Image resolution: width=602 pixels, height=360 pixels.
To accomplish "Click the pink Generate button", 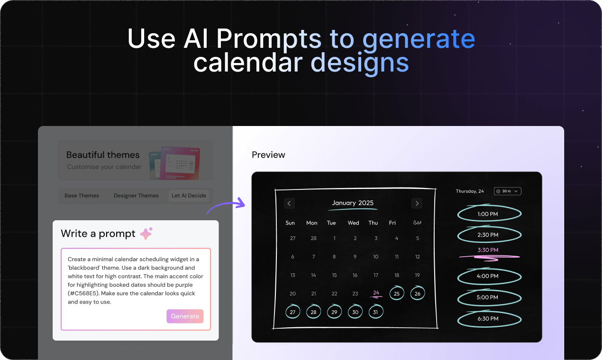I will [185, 316].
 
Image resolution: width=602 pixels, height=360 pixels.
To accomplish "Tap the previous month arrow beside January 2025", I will [289, 203].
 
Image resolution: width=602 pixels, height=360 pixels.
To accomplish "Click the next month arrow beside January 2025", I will [417, 203].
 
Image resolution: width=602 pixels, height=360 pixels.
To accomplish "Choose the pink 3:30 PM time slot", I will [488, 250].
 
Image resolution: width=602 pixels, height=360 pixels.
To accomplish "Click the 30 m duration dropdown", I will [507, 191].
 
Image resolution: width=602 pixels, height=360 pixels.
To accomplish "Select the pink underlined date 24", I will [376, 293].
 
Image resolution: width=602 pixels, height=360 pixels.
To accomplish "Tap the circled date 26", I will [418, 294].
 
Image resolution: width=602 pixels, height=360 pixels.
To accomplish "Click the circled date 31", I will [375, 312].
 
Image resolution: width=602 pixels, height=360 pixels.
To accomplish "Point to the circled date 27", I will [292, 312].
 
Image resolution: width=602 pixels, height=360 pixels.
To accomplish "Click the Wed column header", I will [353, 223].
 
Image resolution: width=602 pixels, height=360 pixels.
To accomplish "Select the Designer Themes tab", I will [136, 196].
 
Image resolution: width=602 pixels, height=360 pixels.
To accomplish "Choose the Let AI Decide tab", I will [189, 196].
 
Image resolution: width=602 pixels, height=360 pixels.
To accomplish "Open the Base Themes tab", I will [82, 196].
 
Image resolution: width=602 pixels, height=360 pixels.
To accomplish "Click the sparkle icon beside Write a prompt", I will [146, 234].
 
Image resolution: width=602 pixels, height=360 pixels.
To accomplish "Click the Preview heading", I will [268, 155].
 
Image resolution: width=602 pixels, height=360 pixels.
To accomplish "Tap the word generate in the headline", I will [419, 39].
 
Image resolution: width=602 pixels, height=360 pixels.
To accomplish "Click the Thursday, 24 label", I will [470, 191].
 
